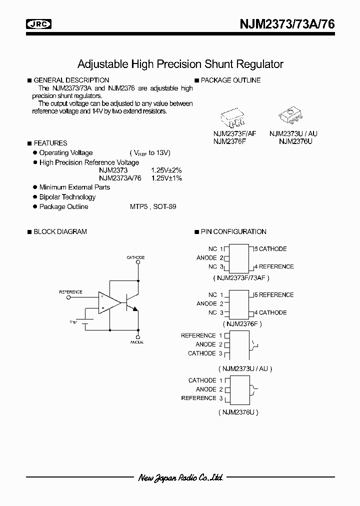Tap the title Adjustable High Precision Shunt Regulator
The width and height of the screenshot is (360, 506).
[180, 64]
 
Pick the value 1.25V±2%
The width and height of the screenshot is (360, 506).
[166, 170]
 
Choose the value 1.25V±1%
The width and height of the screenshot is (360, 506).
[166, 178]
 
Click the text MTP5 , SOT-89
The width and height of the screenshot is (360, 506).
[153, 206]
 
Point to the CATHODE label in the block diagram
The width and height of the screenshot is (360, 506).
[135, 257]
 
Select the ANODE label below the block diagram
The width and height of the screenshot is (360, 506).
[137, 342]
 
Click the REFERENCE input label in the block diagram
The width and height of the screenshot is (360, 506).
[70, 291]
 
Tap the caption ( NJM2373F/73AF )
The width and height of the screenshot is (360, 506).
[241, 277]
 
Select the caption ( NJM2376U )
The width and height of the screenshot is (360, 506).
[238, 412]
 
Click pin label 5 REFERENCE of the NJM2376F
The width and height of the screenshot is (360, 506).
[274, 295]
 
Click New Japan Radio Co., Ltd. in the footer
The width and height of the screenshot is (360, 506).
[180, 477]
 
